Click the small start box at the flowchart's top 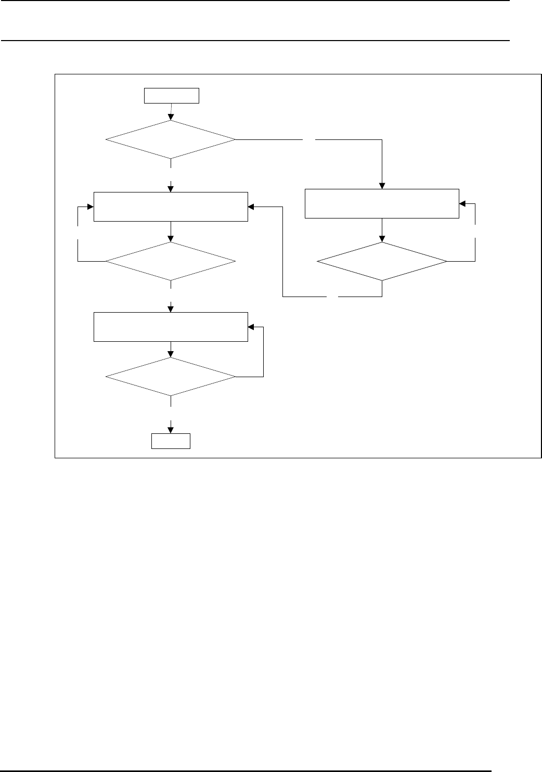[x=172, y=96]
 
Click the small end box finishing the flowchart [x=171, y=441]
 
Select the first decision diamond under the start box [x=171, y=139]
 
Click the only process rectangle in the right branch [x=382, y=203]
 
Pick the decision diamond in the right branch [x=382, y=262]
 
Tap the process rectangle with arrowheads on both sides [x=171, y=207]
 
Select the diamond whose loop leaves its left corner [x=171, y=262]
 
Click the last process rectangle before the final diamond [x=171, y=327]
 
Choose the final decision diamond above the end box [x=171, y=377]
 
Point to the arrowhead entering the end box [x=171, y=430]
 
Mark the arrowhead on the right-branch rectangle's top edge [x=382, y=186]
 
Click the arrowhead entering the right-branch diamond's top [x=382, y=239]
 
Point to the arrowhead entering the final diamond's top [x=171, y=355]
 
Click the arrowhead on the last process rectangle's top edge [x=171, y=310]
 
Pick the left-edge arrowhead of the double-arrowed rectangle [x=91, y=207]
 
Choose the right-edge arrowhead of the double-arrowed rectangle [x=251, y=207]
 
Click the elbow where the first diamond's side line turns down [x=382, y=139]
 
